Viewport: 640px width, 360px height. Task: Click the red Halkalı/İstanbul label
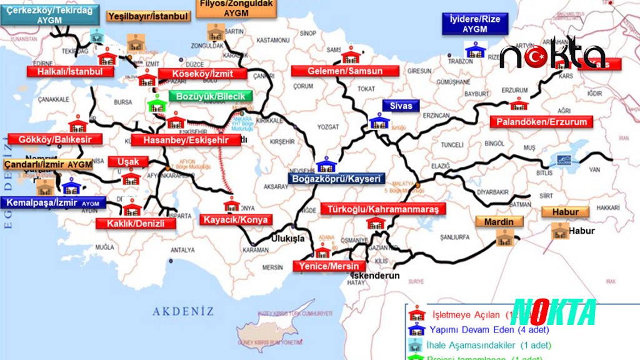[x=69, y=71]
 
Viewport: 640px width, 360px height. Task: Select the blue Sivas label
[x=401, y=106]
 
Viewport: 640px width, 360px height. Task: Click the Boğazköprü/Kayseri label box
[x=334, y=179]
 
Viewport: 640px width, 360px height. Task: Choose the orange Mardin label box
[x=499, y=222]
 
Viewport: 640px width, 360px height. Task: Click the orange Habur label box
[x=565, y=212]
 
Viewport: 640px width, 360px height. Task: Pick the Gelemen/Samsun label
[x=344, y=71]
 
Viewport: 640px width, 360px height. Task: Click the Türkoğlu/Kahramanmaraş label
[x=383, y=209]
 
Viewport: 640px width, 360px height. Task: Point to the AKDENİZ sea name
[x=184, y=311]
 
